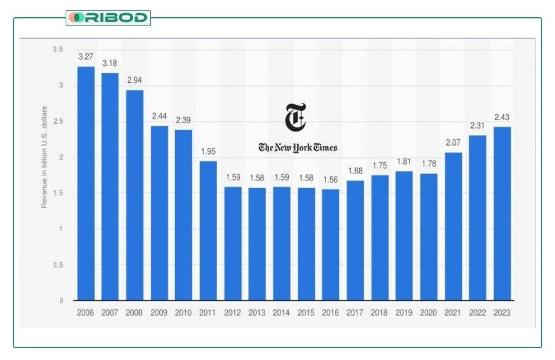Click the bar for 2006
(86, 184)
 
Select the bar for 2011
(208, 231)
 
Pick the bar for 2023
(502, 214)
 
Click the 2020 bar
(429, 237)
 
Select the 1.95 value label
(208, 152)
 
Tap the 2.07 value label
(453, 143)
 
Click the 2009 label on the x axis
(159, 313)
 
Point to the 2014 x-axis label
(282, 313)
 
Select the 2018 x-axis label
(380, 313)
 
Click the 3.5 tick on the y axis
(57, 50)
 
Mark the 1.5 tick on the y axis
(57, 193)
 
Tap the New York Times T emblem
(295, 117)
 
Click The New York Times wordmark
(298, 147)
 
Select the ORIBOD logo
(108, 18)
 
